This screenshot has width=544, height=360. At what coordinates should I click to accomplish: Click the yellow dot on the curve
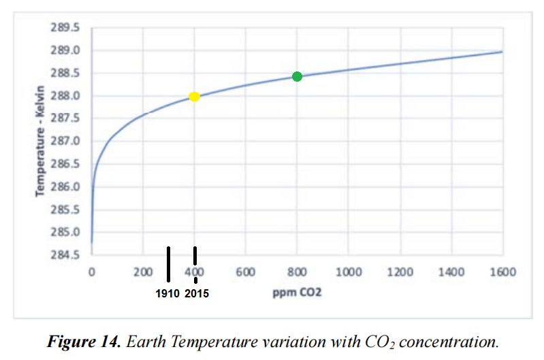pos(194,97)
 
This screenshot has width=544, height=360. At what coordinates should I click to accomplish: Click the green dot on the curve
pos(297,76)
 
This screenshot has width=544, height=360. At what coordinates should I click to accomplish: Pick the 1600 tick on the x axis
pos(502,272)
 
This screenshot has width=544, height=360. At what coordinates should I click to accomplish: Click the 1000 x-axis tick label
pos(348,272)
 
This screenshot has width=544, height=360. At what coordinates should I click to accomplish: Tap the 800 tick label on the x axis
pos(297,272)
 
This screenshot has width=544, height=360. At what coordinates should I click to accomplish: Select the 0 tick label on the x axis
pos(92,272)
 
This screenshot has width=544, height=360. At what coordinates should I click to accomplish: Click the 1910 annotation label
pos(167,294)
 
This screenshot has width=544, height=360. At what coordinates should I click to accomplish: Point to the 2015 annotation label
pos(197,294)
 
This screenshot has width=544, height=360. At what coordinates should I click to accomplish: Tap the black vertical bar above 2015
pos(195,257)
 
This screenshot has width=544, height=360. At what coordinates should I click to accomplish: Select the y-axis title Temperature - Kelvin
pos(42,141)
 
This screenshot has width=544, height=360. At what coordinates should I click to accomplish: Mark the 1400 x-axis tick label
pos(451,272)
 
